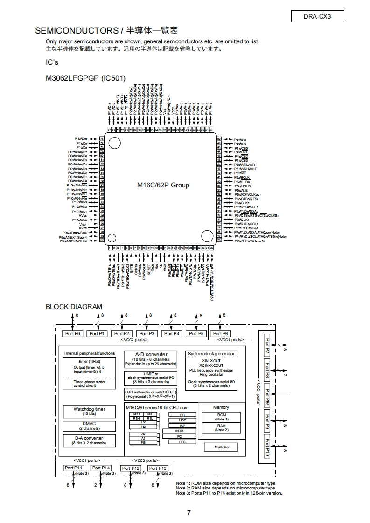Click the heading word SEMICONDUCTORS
[x=77, y=31]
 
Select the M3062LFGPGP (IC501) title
[x=85, y=78]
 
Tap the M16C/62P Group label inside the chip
[x=163, y=185]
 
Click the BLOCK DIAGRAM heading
[x=74, y=307]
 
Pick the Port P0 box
[x=72, y=334]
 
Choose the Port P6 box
[x=220, y=334]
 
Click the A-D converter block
[x=147, y=359]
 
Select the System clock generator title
[x=211, y=354]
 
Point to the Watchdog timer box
[x=89, y=411]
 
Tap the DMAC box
[x=89, y=426]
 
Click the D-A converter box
[x=89, y=440]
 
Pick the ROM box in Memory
[x=222, y=416]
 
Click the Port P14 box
[x=101, y=468]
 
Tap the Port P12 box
[x=131, y=468]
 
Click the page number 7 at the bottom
[x=188, y=513]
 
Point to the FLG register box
[x=182, y=441]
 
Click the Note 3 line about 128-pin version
[x=229, y=493]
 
